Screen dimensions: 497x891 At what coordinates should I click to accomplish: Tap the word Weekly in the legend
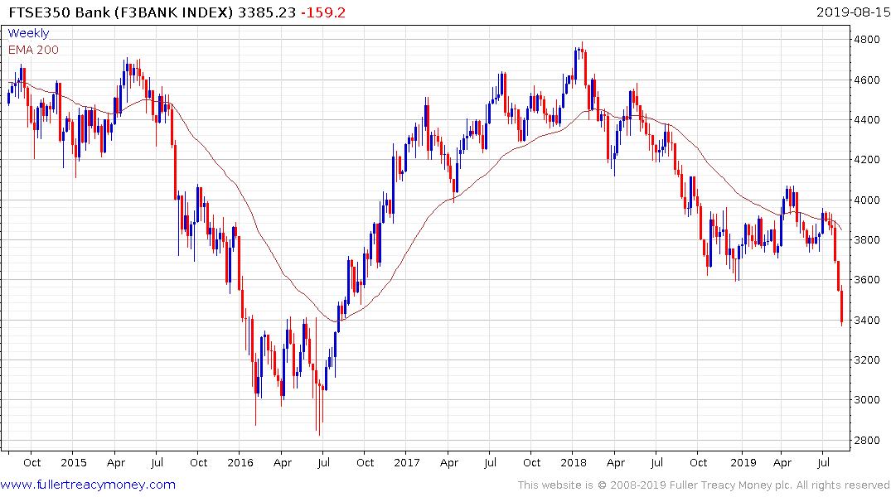28,33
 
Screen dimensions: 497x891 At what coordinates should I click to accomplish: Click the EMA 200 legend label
33,49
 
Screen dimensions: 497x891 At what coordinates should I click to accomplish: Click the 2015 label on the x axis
73,462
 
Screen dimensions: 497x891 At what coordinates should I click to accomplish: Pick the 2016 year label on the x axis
240,462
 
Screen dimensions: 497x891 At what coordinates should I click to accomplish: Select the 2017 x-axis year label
406,462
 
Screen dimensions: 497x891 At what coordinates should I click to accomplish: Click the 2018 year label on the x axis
573,462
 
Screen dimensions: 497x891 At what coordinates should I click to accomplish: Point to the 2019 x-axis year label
740,462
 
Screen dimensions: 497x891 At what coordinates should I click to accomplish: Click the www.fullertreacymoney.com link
89,485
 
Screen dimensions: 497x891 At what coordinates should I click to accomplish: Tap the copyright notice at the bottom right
704,485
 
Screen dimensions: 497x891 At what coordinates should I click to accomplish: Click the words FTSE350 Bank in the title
50,12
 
